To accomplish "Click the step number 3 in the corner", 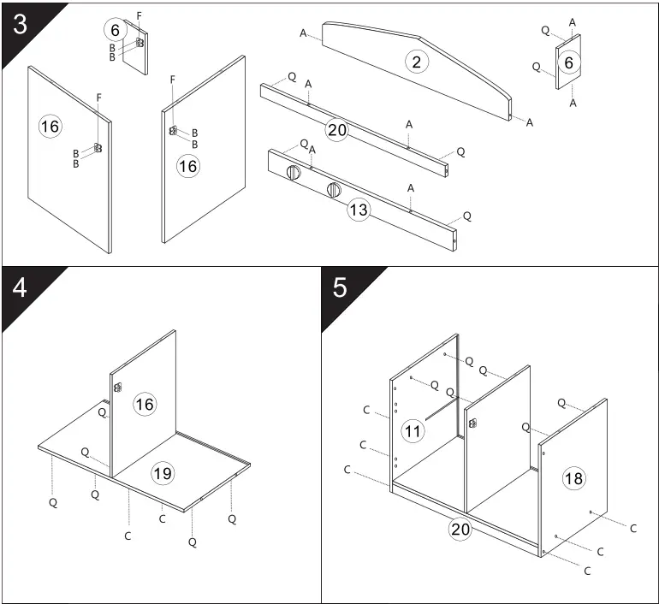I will tap(20, 23).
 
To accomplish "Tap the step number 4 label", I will tap(20, 287).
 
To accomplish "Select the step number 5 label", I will tap(340, 287).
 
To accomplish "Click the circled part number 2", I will tap(416, 62).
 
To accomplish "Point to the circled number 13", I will tap(359, 209).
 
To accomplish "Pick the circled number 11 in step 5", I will tap(413, 430).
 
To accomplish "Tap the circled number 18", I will tap(573, 478).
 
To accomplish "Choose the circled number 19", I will tap(161, 471).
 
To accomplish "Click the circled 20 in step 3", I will tap(337, 129).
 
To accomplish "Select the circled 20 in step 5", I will tap(461, 530).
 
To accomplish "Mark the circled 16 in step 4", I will tap(145, 403).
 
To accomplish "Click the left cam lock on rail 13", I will tap(294, 173).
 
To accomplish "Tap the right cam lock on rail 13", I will tap(334, 189).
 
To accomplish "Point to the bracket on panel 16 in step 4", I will tap(116, 387).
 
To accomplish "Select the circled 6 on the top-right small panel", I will tap(568, 62).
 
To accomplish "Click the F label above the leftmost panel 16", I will tap(99, 97).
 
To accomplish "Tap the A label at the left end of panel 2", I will tap(304, 33).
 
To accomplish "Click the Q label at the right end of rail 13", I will tap(466, 216).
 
